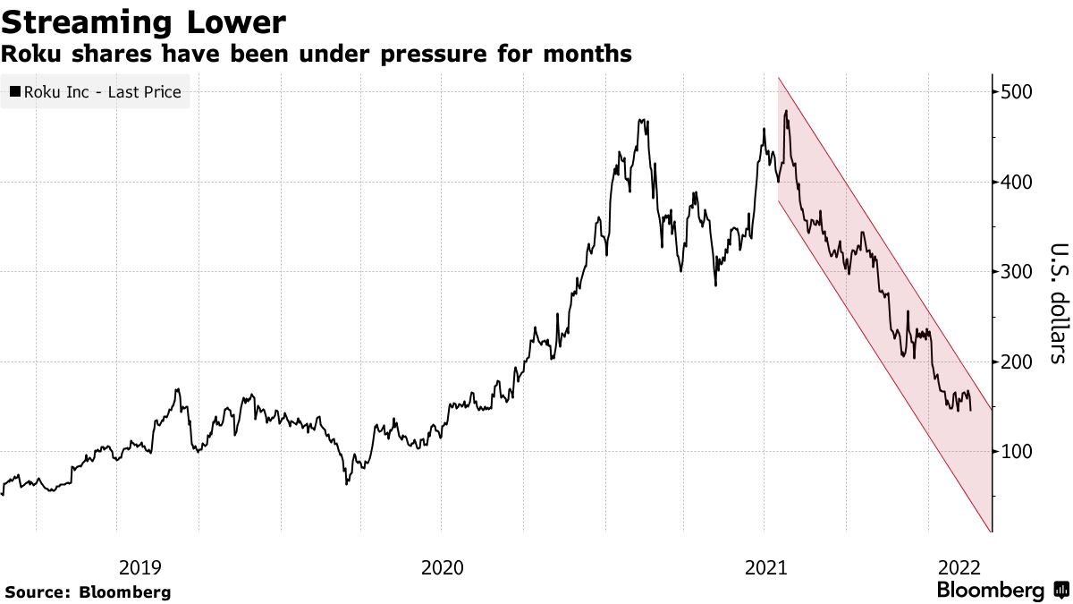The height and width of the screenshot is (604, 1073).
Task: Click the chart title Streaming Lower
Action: click(x=144, y=21)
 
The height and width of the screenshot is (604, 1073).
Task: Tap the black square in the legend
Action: click(x=15, y=91)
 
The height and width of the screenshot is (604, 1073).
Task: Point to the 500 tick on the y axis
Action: click(x=1018, y=92)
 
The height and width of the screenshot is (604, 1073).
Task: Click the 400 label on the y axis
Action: click(x=1018, y=182)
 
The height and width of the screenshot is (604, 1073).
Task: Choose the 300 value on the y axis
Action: click(x=1018, y=272)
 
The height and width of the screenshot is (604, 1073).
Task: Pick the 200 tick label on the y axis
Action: click(x=1018, y=362)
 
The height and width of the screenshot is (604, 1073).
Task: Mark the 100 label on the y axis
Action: click(x=1018, y=451)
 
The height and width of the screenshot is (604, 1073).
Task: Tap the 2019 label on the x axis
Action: click(x=139, y=567)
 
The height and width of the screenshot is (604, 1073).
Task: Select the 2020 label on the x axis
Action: click(x=441, y=567)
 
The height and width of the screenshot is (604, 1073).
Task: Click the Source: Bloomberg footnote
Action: click(x=88, y=591)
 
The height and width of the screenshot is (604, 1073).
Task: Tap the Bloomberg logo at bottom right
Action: click(x=1001, y=591)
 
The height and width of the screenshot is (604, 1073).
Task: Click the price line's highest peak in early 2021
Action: click(x=786, y=111)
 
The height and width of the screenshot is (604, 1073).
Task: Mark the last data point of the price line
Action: click(x=972, y=409)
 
